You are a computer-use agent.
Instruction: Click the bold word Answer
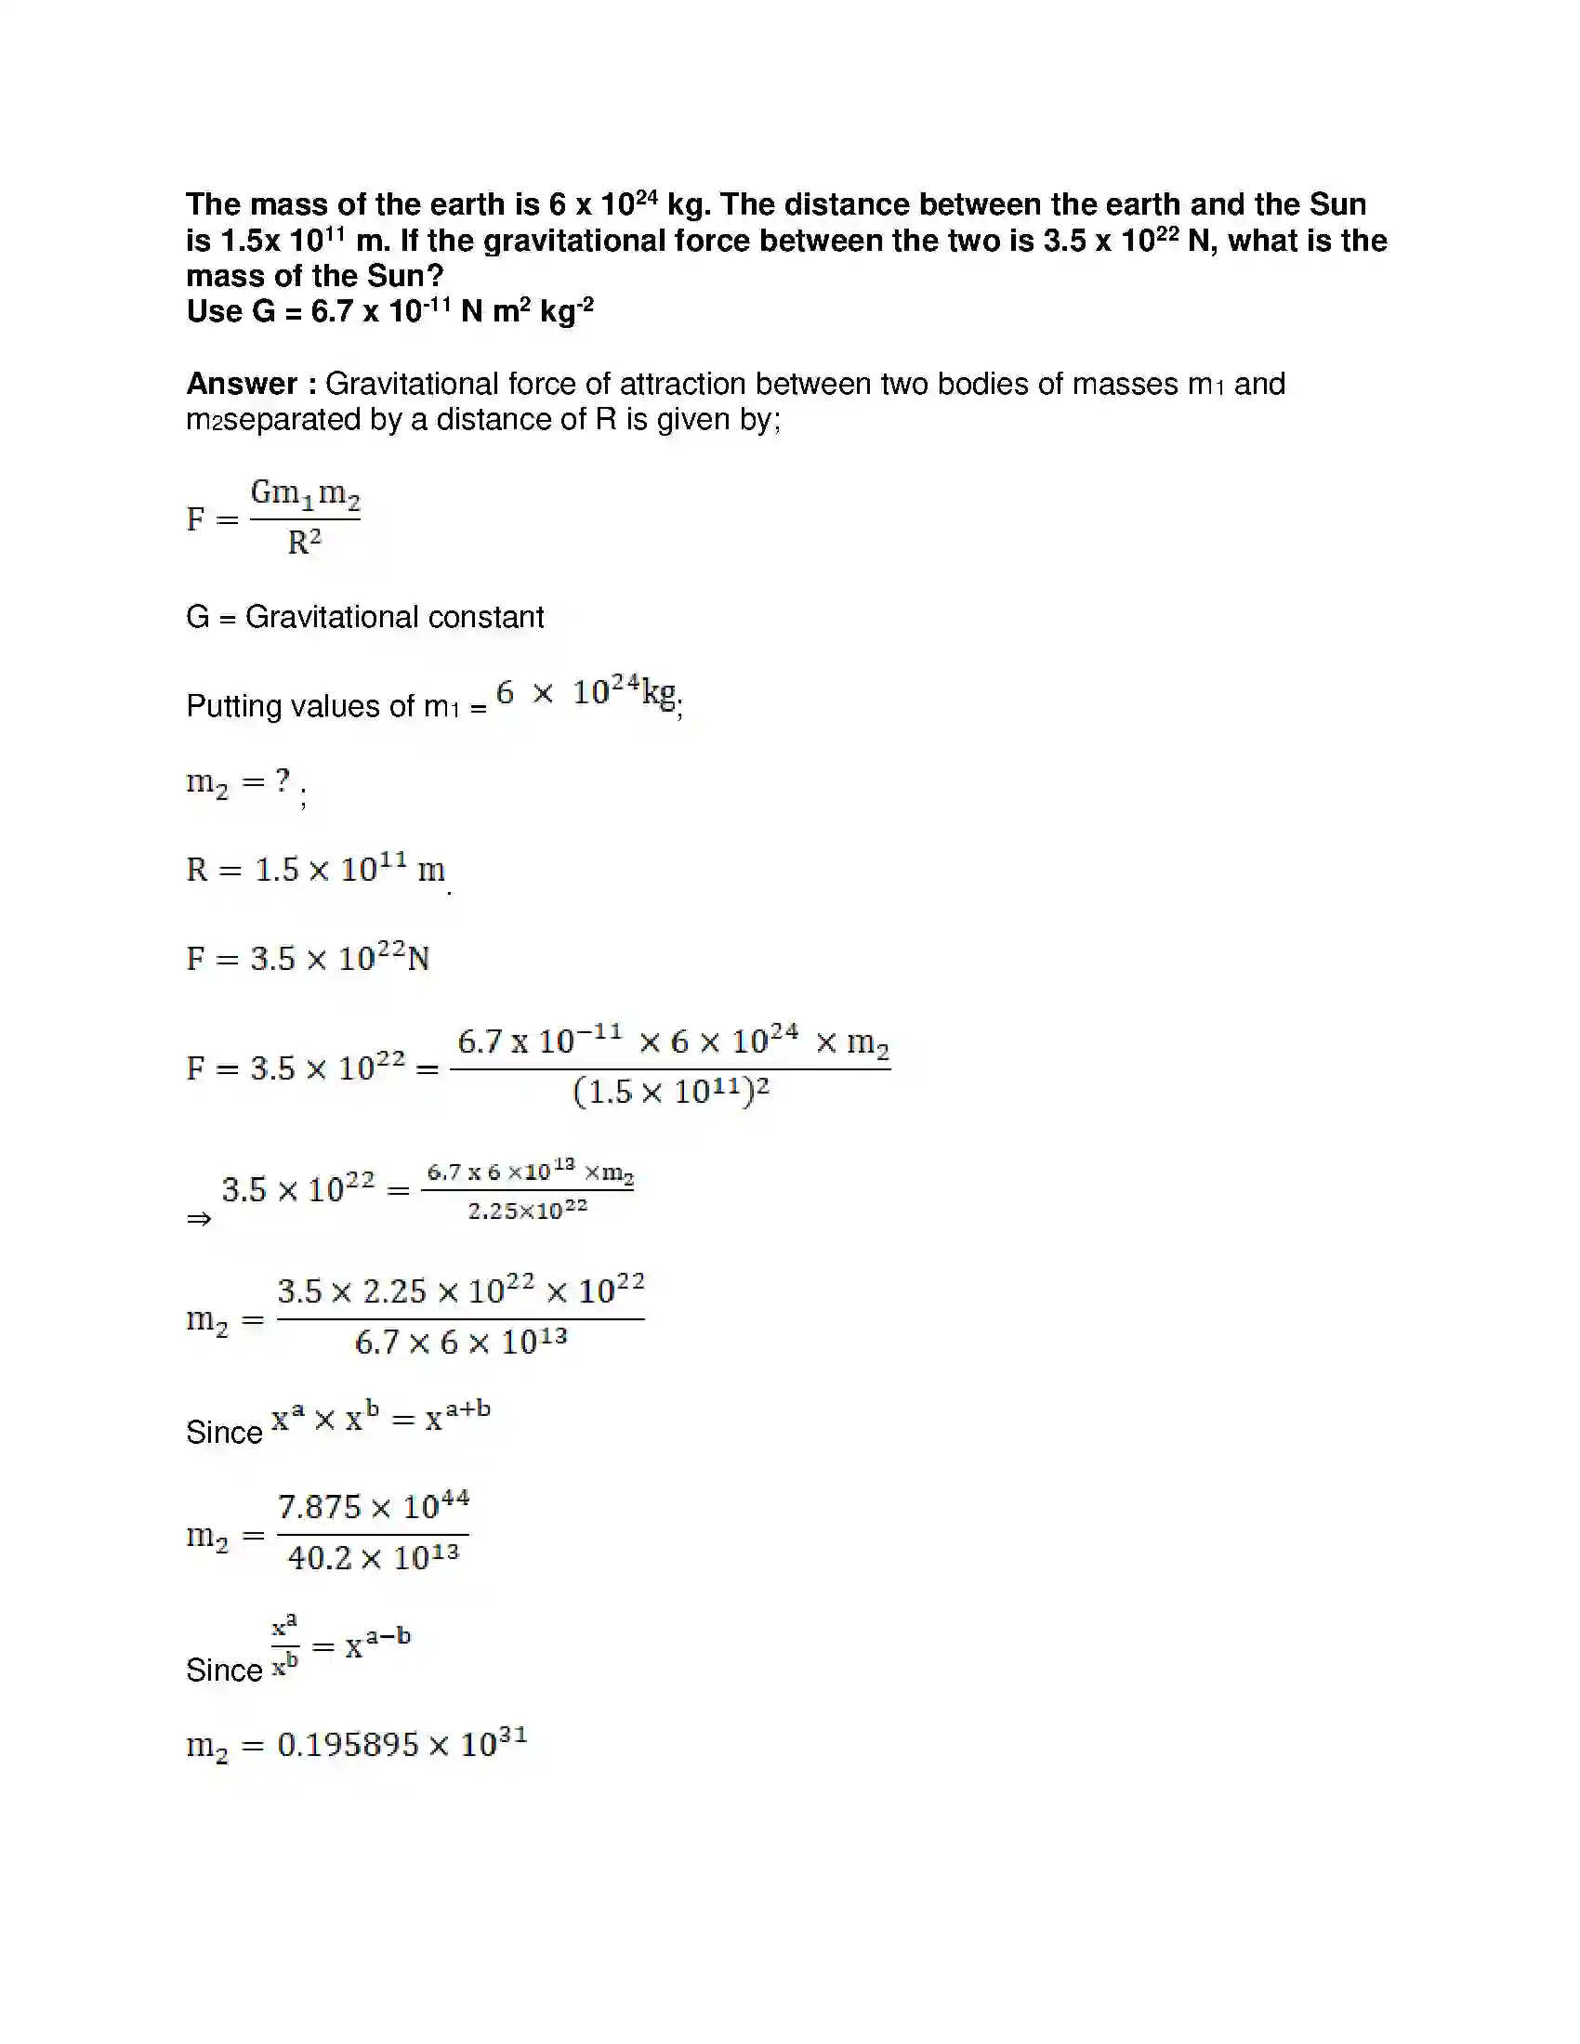pyautogui.click(x=241, y=384)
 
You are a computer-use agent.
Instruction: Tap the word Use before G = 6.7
pyautogui.click(x=215, y=311)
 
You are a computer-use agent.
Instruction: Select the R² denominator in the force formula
pyautogui.click(x=304, y=543)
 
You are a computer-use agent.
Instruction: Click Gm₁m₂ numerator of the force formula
pyautogui.click(x=305, y=493)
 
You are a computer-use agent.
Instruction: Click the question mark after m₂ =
pyautogui.click(x=283, y=780)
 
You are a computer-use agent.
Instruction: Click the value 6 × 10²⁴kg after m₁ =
pyautogui.click(x=586, y=693)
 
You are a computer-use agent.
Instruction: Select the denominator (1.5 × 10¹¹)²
pyautogui.click(x=670, y=1093)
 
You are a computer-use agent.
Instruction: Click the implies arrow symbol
pyautogui.click(x=199, y=1219)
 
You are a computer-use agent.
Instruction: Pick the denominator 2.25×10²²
pyautogui.click(x=528, y=1211)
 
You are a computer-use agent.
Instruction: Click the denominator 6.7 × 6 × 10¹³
pyautogui.click(x=460, y=1343)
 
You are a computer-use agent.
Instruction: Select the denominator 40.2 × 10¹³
pyautogui.click(x=373, y=1558)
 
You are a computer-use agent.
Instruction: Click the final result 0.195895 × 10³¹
pyautogui.click(x=402, y=1745)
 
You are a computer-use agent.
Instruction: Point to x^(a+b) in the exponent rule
pyautogui.click(x=457, y=1417)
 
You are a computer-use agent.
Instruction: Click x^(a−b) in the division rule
pyautogui.click(x=377, y=1644)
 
